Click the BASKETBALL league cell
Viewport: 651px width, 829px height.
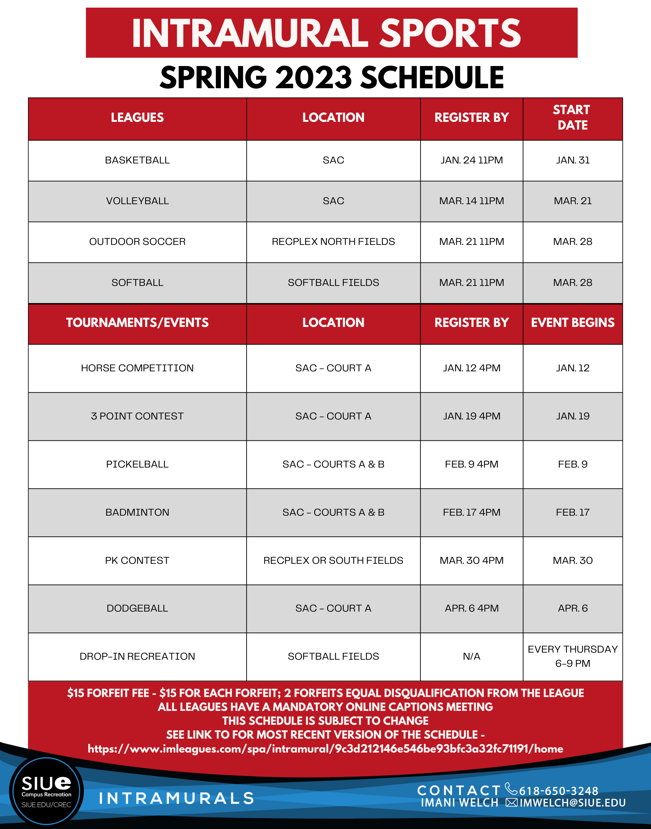[137, 160]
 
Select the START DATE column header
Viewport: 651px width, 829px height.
[572, 118]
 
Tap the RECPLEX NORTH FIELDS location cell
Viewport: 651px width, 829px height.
[333, 242]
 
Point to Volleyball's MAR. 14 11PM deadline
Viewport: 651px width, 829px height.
[472, 201]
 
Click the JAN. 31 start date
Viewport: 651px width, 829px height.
[572, 160]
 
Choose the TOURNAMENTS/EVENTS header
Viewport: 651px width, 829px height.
[137, 323]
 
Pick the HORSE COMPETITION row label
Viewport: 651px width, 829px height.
[137, 368]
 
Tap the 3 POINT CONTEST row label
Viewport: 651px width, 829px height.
[137, 416]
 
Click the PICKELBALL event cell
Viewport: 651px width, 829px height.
[137, 464]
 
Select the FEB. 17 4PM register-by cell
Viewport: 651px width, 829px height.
[472, 512]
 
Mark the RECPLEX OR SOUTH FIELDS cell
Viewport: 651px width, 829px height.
[333, 560]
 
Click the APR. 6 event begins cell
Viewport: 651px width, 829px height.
[572, 608]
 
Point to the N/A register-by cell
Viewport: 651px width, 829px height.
[472, 656]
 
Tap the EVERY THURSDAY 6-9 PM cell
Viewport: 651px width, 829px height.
[572, 656]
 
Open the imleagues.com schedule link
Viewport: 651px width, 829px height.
[325, 749]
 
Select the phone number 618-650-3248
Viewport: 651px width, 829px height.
[559, 791]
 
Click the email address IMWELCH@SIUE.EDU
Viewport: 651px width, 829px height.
[572, 803]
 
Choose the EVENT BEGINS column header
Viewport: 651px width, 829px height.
[572, 323]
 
